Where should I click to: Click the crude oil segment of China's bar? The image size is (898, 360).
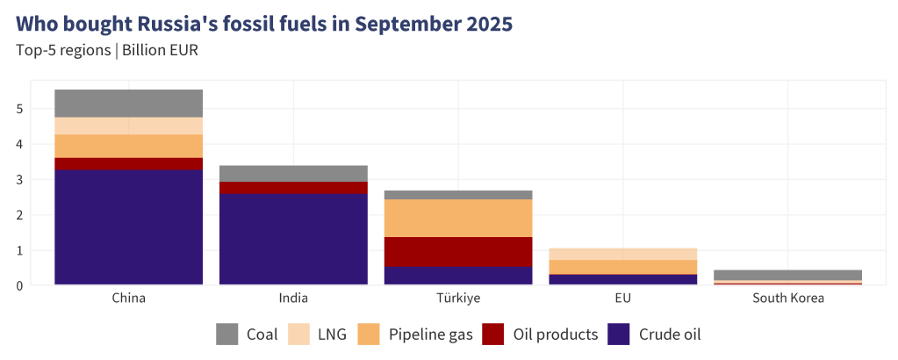coord(129,227)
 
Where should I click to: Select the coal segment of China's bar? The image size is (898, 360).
coord(129,103)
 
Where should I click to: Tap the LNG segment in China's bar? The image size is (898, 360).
coord(129,126)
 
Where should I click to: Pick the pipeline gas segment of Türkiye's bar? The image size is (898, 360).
coord(458,218)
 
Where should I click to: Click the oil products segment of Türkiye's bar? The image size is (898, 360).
coord(458,251)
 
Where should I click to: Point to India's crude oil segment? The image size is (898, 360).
coord(293,239)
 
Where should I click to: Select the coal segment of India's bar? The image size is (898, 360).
coord(293,173)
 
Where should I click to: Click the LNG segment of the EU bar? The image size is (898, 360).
coord(623,253)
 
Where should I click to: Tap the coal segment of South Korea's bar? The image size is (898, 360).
coord(787,275)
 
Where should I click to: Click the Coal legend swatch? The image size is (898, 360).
coord(227,335)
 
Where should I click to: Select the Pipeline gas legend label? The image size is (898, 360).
coord(430,335)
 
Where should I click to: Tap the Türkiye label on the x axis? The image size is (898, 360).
coord(458,299)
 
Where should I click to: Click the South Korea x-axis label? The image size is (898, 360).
coord(787,299)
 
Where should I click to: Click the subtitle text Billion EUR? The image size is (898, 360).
coord(160,50)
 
